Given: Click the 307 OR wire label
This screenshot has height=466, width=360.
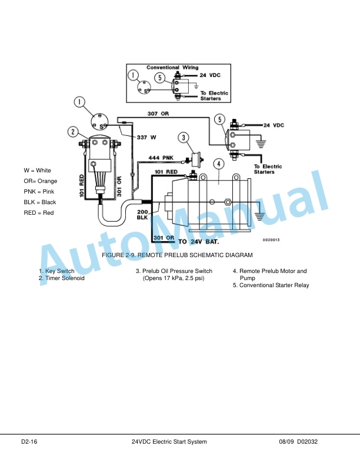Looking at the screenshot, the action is coord(158,114).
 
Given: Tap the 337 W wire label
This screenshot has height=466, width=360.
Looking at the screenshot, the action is coord(146,137).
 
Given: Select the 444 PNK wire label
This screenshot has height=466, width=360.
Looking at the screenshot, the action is coord(161,158).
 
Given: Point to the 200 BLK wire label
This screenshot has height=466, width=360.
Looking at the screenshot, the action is coord(142,215).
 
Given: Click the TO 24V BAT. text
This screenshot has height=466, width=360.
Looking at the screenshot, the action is coord(198,242).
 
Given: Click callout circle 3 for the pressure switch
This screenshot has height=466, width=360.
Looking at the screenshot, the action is coord(184,138).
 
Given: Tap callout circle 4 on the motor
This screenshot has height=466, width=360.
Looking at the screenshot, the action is coord(219,164).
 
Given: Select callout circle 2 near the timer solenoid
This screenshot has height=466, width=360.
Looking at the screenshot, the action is coord(73,132).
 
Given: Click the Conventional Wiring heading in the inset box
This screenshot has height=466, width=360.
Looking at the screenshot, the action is coord(172,68).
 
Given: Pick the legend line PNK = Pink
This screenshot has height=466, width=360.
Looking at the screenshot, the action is coord(39,192).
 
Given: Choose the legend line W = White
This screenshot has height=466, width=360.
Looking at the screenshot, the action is coord(37,171).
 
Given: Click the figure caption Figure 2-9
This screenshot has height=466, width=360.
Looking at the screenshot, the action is coord(177,255).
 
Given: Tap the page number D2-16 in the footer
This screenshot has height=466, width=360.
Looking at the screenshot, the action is coord(29,442).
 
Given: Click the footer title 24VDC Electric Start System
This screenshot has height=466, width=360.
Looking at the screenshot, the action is coord(169,442).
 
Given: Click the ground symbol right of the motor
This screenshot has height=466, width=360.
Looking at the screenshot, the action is coord(259,217).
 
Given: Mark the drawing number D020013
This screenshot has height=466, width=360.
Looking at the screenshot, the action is coord(271,240).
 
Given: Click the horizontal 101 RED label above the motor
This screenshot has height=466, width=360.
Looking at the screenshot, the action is coord(166,172).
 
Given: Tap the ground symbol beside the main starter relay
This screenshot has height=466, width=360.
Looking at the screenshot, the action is coord(261,144).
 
